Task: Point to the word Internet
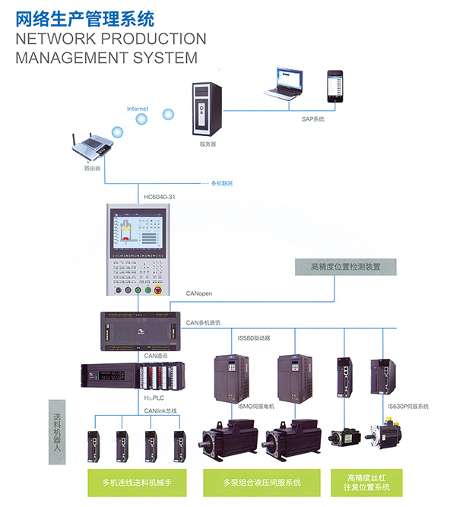point(138,109)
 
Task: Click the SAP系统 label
point(312,119)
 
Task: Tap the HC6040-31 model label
point(159,198)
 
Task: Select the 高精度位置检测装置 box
point(345,267)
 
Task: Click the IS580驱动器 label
point(254,337)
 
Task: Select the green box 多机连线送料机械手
point(137,482)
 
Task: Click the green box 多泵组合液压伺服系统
point(262,482)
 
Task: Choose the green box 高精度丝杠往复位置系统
point(368,482)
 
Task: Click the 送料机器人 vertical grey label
point(57,429)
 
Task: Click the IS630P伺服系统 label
point(408,407)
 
